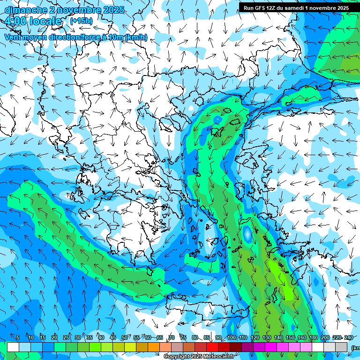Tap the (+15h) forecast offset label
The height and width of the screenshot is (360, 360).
point(81,21)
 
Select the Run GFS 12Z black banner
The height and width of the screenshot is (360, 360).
point(299,7)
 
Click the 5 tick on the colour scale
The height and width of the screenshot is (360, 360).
point(18,337)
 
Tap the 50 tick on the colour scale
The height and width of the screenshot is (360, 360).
point(125,337)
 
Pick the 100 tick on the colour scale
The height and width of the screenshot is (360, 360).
point(231,337)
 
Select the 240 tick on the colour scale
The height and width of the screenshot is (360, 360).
point(349,337)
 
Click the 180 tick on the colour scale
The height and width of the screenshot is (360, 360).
point(314,337)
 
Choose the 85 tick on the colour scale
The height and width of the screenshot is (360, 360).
point(207,337)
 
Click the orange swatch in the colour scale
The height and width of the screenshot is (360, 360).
point(154,347)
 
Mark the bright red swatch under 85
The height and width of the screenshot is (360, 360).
point(212,347)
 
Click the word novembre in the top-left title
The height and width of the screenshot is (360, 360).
point(80,10)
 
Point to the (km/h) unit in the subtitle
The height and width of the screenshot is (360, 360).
point(136,37)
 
